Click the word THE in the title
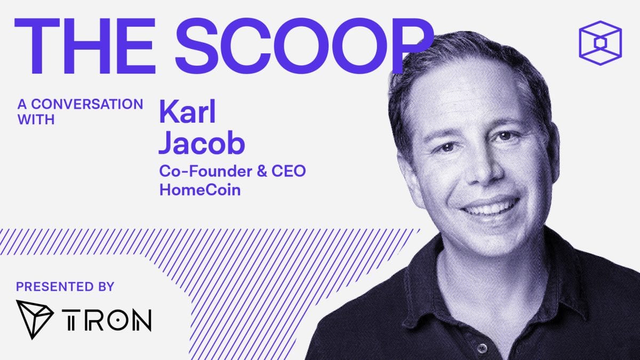88,41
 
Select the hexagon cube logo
600,42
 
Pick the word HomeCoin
199,189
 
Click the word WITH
36,119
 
